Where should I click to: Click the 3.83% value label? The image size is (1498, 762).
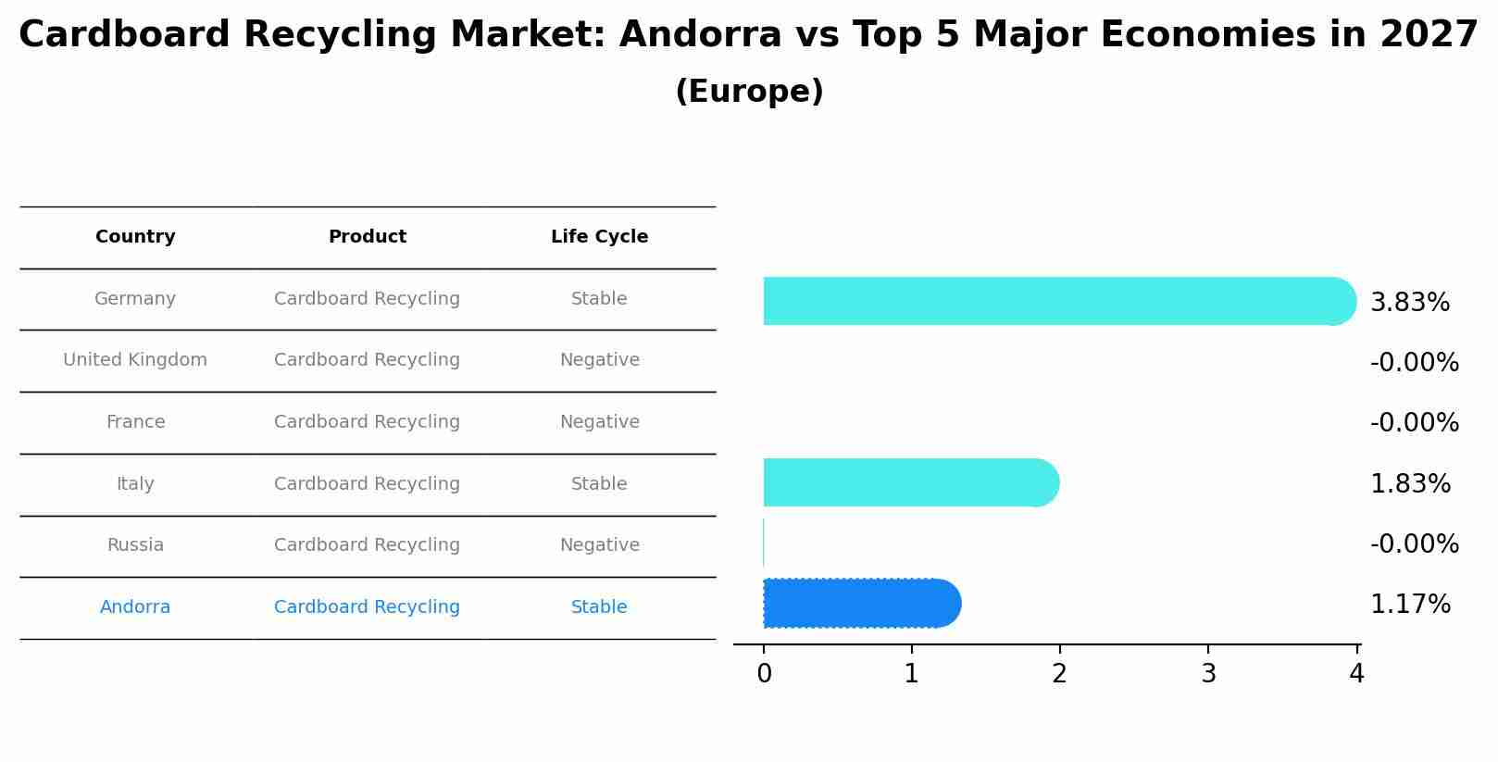(1409, 303)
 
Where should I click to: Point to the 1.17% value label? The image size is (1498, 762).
(1409, 605)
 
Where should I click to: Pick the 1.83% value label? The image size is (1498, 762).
(1409, 484)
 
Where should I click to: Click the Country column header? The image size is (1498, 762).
(135, 237)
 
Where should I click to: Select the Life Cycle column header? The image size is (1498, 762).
(599, 237)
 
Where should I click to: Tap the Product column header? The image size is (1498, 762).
(367, 237)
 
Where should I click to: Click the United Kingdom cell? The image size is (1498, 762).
(135, 360)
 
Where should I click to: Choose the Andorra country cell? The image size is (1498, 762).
(135, 607)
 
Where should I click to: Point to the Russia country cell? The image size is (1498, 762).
(135, 545)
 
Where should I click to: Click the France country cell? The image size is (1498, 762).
(135, 422)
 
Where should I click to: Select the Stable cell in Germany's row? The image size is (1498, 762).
(599, 299)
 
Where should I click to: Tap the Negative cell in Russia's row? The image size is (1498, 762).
(599, 545)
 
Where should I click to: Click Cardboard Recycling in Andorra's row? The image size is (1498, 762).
(367, 607)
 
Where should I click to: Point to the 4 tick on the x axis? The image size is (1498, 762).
(1356, 674)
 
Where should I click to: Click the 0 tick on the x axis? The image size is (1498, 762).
(764, 674)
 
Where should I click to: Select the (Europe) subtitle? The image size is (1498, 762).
(749, 92)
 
